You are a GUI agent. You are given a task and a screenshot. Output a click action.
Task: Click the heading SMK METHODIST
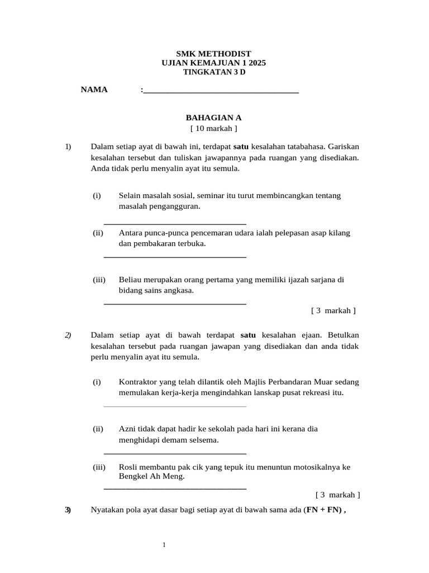pos(214,53)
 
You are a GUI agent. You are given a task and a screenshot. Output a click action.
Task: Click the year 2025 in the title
pos(256,63)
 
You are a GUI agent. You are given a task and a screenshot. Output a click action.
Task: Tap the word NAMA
pos(94,90)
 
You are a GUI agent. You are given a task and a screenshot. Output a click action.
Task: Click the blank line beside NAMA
pos(221,91)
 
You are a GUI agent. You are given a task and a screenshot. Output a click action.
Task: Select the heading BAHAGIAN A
pos(214,118)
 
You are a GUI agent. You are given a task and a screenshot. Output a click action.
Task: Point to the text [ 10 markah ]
pos(214,129)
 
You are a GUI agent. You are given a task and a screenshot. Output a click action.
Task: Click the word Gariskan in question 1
pos(344,147)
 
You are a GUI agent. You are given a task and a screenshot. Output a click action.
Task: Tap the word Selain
pos(131,195)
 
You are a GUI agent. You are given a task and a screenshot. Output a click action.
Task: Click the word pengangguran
pos(173,206)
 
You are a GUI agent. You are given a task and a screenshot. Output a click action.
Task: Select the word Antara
pos(131,233)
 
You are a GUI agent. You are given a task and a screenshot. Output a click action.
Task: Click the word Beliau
pos(131,279)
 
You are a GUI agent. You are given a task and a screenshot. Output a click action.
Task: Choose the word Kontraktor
pos(139,382)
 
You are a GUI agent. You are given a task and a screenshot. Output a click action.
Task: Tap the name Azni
pos(128,429)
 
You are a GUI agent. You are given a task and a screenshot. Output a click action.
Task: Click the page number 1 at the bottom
pos(164,544)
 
